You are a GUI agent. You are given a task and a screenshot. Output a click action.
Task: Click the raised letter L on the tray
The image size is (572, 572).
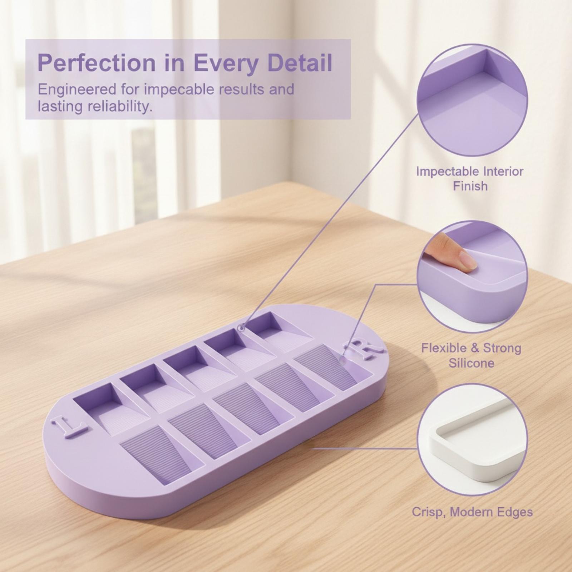[70, 425]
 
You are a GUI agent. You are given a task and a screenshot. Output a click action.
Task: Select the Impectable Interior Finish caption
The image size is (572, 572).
[470, 178]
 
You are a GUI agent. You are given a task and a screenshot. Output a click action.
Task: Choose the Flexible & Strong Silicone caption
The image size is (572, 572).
[471, 355]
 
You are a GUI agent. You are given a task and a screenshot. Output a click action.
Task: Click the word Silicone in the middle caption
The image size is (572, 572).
[471, 363]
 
